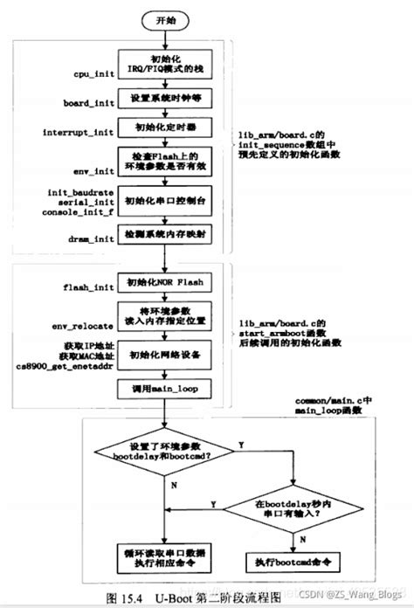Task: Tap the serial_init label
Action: click(77, 200)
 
